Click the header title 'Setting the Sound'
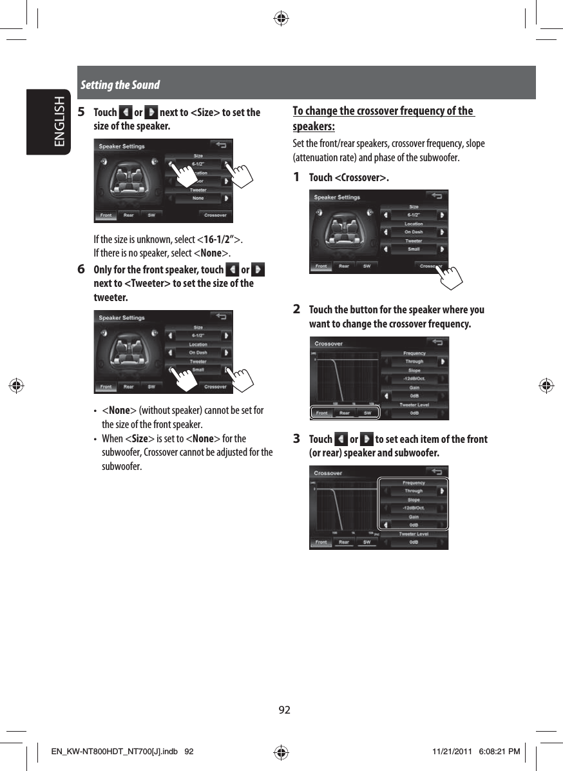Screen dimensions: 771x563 point(120,85)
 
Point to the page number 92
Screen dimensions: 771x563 point(284,710)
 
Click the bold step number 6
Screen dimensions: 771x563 point(81,269)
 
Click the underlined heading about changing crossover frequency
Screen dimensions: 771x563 point(383,117)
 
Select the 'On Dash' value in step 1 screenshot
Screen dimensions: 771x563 point(414,232)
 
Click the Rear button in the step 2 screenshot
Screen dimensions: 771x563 point(345,413)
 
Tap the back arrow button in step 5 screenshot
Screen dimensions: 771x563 point(222,146)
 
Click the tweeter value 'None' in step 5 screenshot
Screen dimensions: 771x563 point(198,199)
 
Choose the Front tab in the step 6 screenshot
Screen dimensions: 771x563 point(106,387)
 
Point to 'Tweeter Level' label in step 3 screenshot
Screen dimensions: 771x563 point(414,534)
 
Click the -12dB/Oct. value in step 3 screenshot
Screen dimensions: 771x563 point(414,508)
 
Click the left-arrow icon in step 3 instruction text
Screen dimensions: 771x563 point(341,440)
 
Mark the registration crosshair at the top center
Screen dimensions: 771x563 point(281,18)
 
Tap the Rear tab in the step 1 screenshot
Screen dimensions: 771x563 point(344,266)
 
